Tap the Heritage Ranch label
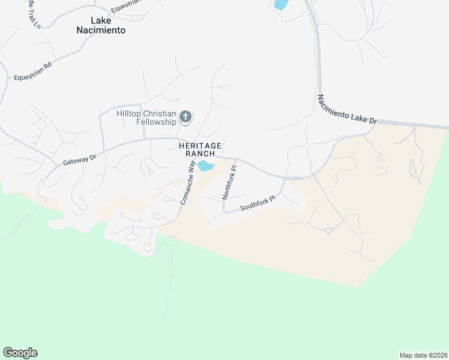click(200, 150)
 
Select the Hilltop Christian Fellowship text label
click(146, 118)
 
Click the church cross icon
click(185, 116)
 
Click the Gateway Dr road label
click(80, 160)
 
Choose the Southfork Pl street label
click(258, 203)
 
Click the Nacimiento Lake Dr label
click(346, 109)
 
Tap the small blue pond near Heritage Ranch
click(205, 166)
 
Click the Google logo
click(20, 353)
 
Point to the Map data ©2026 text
click(423, 355)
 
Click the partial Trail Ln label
click(28, 22)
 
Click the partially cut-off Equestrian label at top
click(126, 4)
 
